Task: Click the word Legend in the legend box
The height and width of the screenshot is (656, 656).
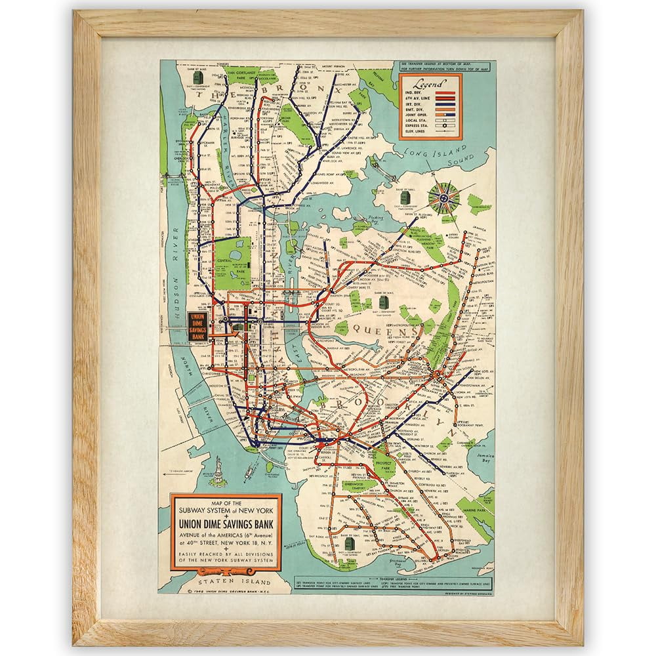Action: point(430,84)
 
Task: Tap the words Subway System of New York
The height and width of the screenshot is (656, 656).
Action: point(226,510)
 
